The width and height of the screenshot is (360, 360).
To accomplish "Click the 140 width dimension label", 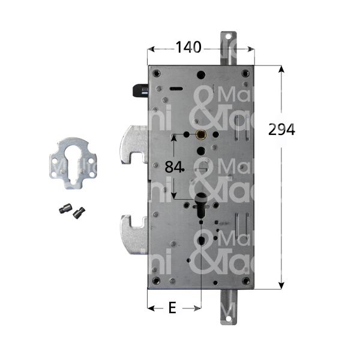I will pyautogui.click(x=190, y=46).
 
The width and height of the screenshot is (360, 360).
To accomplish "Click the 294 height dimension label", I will pyautogui.click(x=281, y=130).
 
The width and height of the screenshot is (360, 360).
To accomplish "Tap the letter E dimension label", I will pyautogui.click(x=172, y=308).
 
